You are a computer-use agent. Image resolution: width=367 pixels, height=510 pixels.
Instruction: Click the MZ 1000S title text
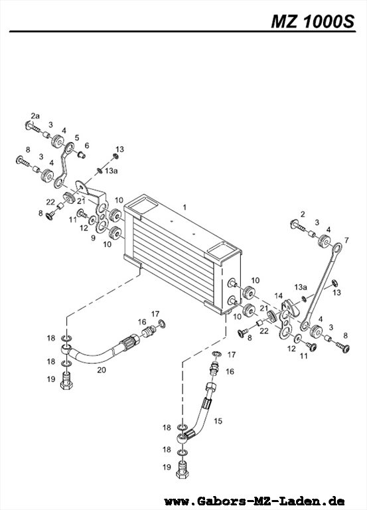[313, 22]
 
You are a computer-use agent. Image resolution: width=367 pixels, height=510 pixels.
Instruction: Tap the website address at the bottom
[254, 501]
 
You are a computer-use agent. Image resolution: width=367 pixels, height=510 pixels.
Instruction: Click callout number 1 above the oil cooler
[184, 207]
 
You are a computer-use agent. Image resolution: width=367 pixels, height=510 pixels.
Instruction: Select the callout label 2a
[35, 116]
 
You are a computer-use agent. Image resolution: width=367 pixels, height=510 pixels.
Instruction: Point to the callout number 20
[102, 370]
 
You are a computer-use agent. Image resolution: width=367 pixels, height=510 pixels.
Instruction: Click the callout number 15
[218, 421]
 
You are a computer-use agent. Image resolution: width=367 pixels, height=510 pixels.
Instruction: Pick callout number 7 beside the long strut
[346, 240]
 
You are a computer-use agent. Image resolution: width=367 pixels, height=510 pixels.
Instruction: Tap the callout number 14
[278, 296]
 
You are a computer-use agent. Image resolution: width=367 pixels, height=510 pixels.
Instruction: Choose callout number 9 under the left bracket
[93, 238]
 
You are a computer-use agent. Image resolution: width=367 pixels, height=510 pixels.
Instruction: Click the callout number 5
[77, 137]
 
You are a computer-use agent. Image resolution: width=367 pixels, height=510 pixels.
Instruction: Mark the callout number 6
[86, 145]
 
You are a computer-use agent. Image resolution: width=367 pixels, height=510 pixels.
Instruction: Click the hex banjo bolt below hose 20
[66, 382]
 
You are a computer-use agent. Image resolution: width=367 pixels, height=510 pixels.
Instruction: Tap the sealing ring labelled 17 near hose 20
[162, 323]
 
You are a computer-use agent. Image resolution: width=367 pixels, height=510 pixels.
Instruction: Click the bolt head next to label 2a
[28, 125]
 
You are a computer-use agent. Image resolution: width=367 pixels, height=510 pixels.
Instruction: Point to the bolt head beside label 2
[293, 224]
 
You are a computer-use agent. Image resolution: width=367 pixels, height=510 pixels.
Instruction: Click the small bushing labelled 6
[81, 155]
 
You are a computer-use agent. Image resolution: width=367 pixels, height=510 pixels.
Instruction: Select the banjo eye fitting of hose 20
[66, 351]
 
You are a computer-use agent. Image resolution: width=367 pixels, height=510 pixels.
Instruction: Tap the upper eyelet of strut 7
[337, 248]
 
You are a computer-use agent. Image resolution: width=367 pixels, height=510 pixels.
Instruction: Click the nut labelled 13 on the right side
[334, 282]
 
